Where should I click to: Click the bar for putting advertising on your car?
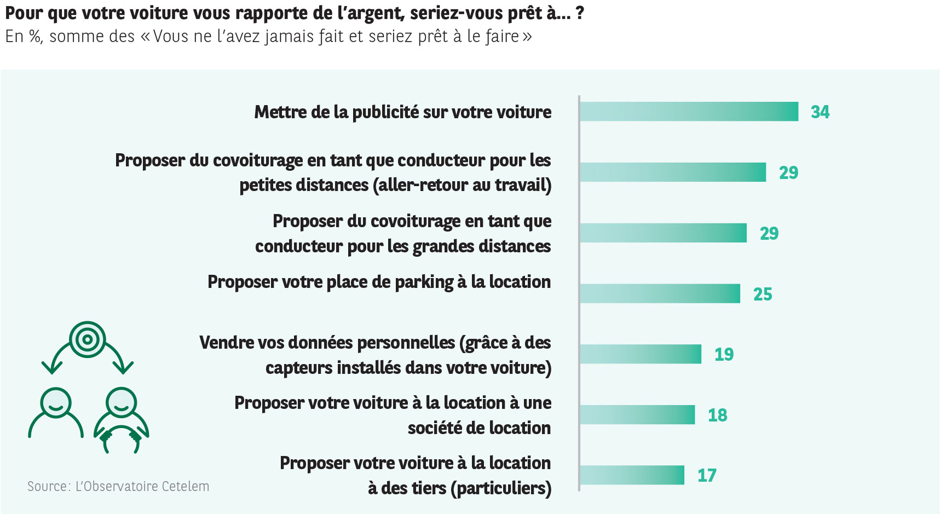point(689,112)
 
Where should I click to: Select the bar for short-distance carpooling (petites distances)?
point(673,172)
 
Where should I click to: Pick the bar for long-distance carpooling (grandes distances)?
point(663,233)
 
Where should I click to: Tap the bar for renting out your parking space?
point(660,294)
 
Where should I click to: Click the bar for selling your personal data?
point(641,354)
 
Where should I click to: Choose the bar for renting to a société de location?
point(637,415)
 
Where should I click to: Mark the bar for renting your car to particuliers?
point(632,475)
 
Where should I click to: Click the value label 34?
point(820,112)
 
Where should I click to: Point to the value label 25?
point(763,294)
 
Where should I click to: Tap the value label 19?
point(724,355)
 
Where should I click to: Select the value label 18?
point(718,415)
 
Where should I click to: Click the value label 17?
point(707,476)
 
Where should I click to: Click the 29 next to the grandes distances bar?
point(769,234)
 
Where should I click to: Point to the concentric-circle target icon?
point(88,339)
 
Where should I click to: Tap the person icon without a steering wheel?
point(56,413)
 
